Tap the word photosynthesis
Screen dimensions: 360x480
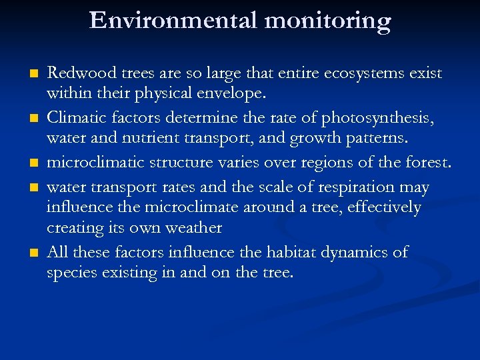click(x=377, y=119)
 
